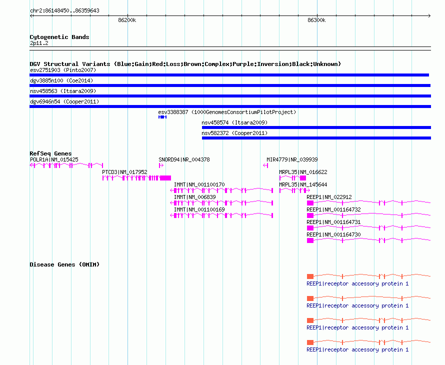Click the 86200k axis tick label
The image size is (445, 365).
(x=127, y=20)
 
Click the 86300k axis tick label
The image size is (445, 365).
(x=316, y=20)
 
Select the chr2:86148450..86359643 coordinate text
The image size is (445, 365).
(x=64, y=11)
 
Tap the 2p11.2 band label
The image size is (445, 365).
(x=39, y=43)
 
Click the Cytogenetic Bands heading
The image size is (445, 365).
(x=59, y=37)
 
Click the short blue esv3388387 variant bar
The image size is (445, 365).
(x=162, y=117)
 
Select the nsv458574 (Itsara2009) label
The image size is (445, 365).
(x=234, y=122)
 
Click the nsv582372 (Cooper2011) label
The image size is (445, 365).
(x=234, y=133)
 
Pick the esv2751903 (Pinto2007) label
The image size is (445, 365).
(x=63, y=70)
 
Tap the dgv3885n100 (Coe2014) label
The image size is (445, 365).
(x=61, y=80)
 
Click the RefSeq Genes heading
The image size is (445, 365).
(x=50, y=153)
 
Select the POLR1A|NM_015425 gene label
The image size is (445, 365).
(x=54, y=160)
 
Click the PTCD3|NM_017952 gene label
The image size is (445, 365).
(x=124, y=172)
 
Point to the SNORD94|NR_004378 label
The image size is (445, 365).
(x=184, y=160)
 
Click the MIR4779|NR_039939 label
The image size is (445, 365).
(x=292, y=160)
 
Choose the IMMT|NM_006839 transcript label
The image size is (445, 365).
(x=194, y=197)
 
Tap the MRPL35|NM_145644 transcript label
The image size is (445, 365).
(x=303, y=185)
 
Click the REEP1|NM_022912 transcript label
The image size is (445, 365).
(x=329, y=197)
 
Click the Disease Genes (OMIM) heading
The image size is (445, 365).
(x=64, y=264)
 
